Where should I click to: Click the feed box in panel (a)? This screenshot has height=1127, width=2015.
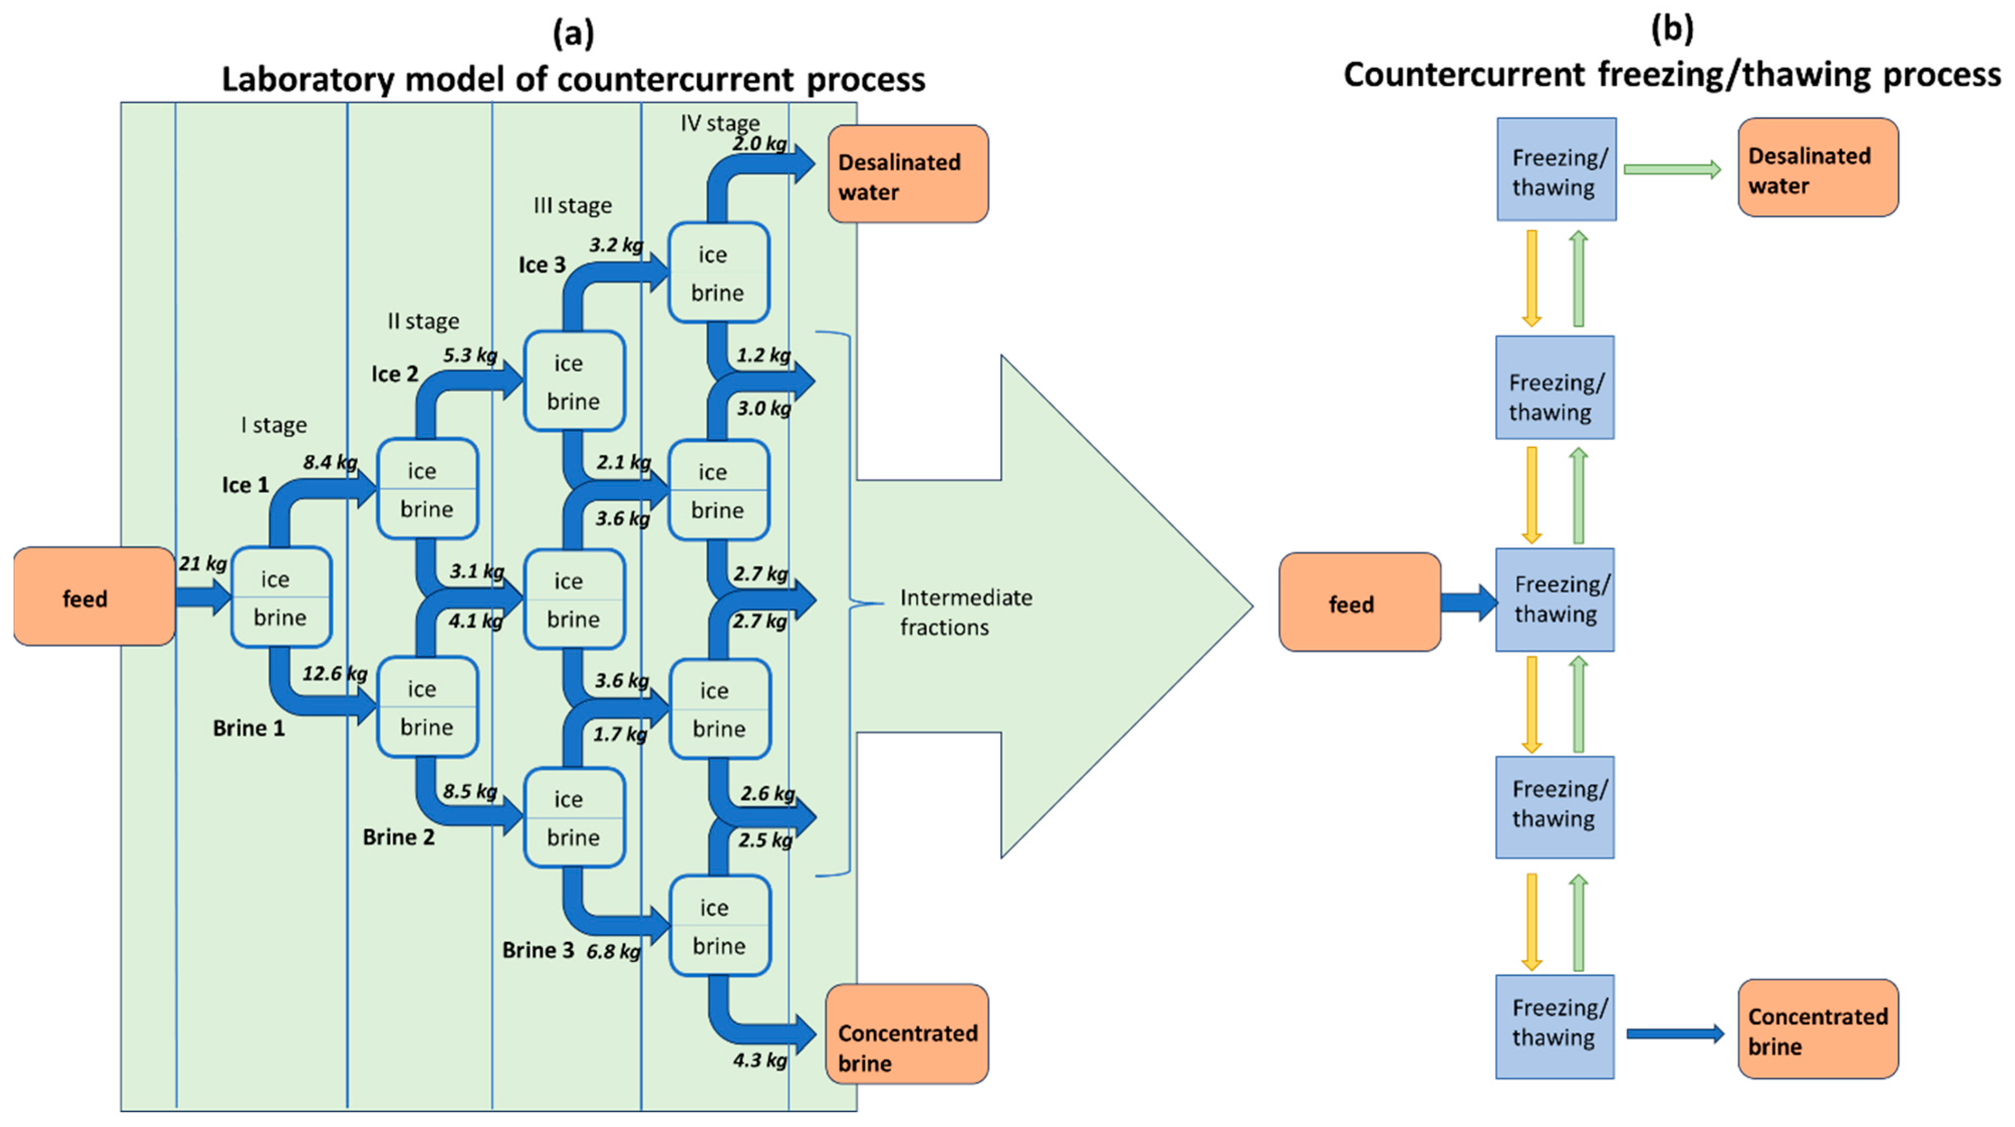(x=94, y=596)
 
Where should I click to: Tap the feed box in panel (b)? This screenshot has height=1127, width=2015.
(x=1360, y=602)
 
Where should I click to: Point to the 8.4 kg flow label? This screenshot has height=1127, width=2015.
(x=330, y=462)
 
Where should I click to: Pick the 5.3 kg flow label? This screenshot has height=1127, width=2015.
(x=470, y=355)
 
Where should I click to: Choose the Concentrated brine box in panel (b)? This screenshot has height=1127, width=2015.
(x=1818, y=1029)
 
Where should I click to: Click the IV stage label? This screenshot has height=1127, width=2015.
(x=720, y=123)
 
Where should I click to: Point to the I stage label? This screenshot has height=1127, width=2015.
(x=274, y=425)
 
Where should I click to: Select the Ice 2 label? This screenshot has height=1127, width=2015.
(x=395, y=374)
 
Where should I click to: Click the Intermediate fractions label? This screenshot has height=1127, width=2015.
(x=966, y=612)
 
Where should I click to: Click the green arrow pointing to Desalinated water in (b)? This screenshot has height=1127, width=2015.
(x=1672, y=169)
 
